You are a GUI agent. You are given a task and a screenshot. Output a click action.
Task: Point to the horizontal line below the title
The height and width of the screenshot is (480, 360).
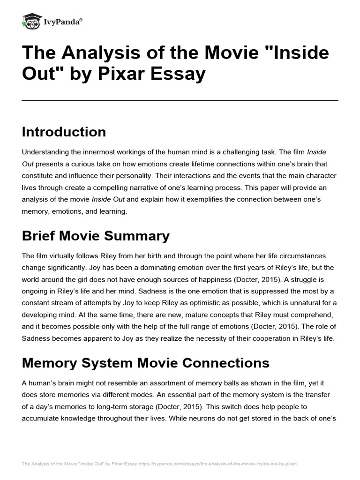180,100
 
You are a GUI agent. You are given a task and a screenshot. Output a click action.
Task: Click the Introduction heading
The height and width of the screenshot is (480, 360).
64,132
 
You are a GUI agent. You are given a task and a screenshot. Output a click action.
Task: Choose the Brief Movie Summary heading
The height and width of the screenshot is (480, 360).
96,236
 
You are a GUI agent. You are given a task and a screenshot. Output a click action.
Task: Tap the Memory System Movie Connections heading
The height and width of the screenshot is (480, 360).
145,362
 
